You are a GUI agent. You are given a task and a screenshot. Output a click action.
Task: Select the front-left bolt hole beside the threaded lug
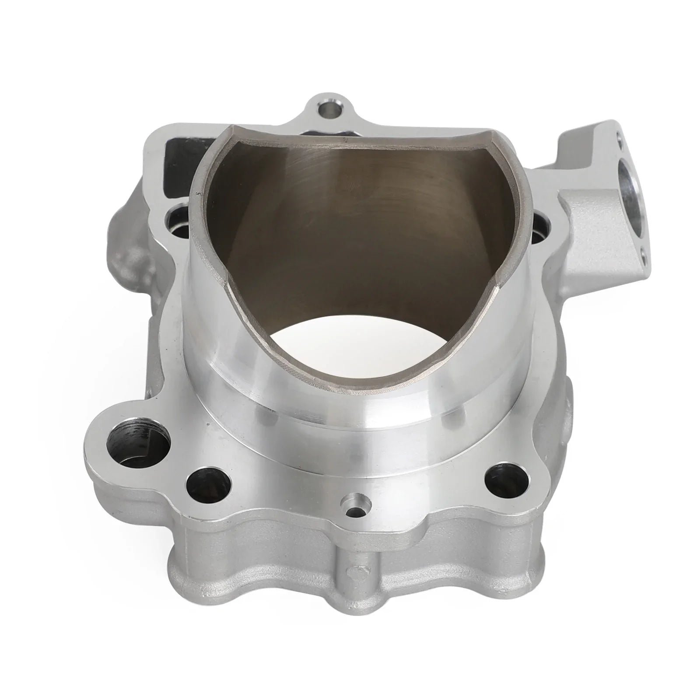(208, 484)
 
